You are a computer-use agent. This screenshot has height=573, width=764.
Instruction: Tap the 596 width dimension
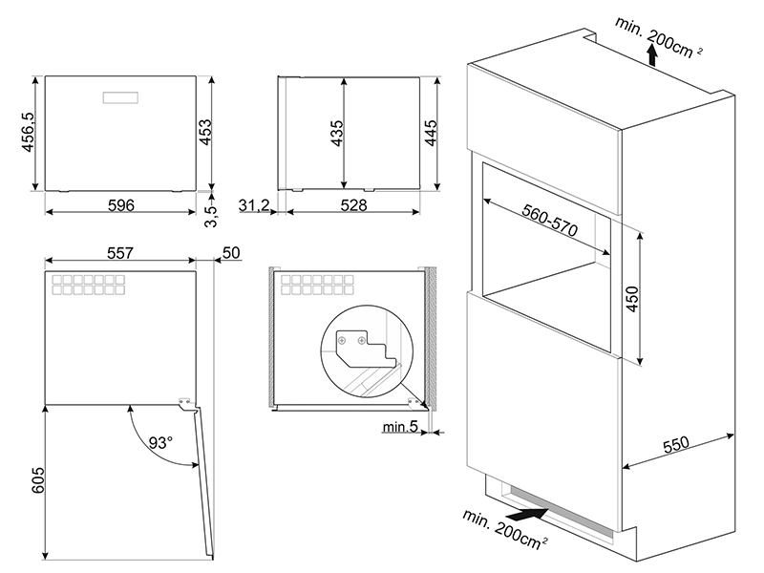(x=120, y=205)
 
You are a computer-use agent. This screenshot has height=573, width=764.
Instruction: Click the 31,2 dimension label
(x=255, y=205)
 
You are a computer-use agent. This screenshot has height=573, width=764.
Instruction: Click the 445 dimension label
(x=431, y=132)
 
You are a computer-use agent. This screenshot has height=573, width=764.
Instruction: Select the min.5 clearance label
(x=401, y=427)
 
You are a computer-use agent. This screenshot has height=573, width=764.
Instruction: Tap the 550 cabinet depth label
(x=675, y=447)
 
